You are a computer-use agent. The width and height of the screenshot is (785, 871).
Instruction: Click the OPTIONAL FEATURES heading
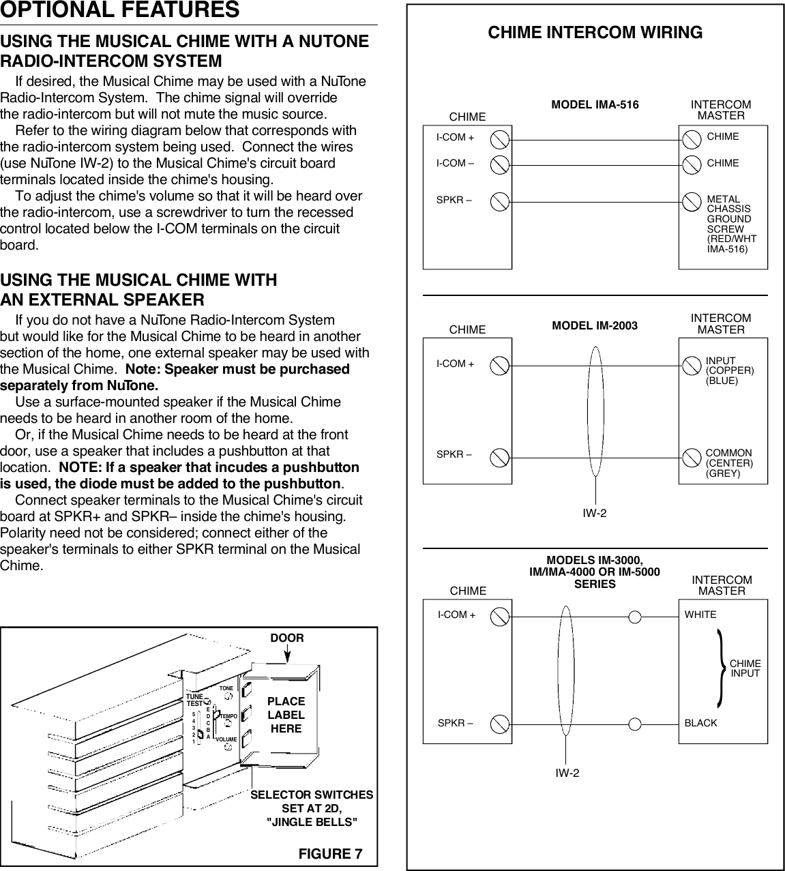[x=120, y=10]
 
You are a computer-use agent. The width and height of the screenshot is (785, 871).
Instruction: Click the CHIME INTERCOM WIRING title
[x=595, y=32]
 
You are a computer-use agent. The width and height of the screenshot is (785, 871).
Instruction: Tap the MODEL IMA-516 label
[x=595, y=105]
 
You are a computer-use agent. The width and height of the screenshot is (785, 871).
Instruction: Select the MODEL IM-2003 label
[x=595, y=325]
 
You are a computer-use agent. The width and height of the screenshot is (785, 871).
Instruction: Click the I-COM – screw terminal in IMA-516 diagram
[x=501, y=164]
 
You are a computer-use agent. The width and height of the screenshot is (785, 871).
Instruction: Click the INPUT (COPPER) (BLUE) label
[x=729, y=370]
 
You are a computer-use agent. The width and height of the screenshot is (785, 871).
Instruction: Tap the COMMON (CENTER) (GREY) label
[x=729, y=462]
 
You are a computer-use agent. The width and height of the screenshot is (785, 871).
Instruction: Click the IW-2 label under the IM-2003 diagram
[x=594, y=513]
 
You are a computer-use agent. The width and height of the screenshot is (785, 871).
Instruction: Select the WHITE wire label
[x=700, y=615]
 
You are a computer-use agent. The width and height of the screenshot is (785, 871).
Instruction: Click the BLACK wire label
[x=700, y=723]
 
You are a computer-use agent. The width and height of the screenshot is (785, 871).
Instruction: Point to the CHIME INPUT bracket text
[x=745, y=668]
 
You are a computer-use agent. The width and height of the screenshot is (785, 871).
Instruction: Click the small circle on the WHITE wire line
[x=635, y=617]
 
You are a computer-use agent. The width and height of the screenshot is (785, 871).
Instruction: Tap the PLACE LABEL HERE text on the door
[x=286, y=715]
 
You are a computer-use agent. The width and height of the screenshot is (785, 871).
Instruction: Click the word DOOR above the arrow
[x=287, y=638]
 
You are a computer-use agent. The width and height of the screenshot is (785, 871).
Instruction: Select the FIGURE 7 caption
[x=330, y=854]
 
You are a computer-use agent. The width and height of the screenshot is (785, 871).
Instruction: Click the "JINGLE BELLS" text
[x=311, y=822]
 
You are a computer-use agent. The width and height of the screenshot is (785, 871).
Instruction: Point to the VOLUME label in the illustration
[x=226, y=739]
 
